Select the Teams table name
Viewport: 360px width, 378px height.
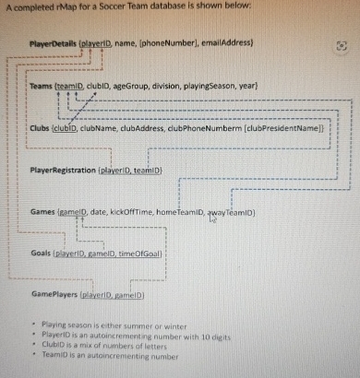click(x=41, y=86)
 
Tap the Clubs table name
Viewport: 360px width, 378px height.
click(x=40, y=129)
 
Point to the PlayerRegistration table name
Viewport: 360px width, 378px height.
click(x=63, y=171)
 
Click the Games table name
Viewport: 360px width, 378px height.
click(x=42, y=212)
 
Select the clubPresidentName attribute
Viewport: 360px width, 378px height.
click(x=282, y=129)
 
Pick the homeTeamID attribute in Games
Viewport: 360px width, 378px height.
click(x=180, y=212)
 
